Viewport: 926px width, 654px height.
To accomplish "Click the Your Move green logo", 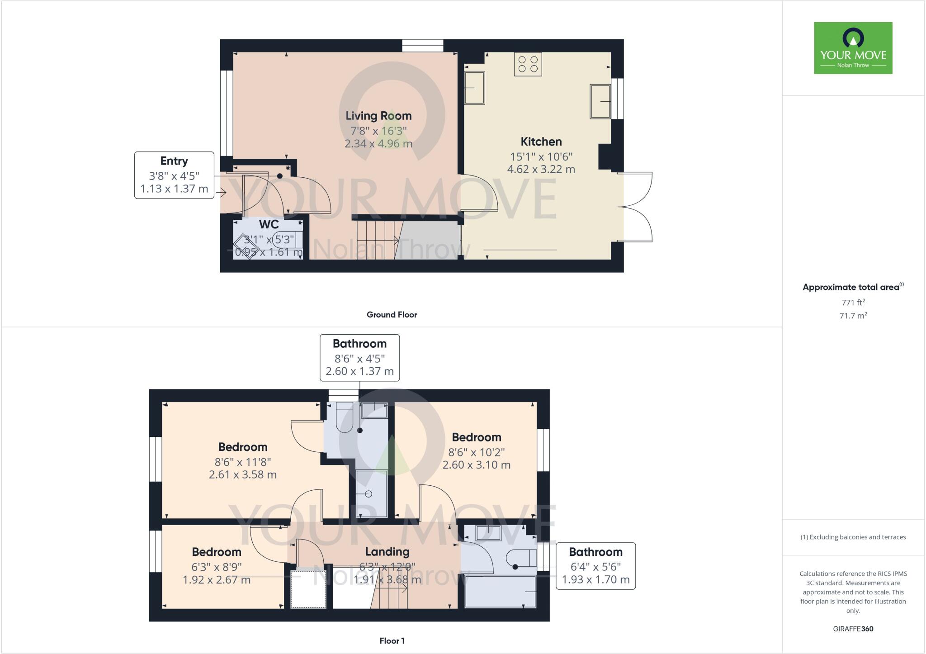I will pos(853,48).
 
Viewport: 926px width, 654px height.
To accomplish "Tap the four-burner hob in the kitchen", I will pos(528,64).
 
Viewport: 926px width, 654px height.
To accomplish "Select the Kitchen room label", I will pos(541,142).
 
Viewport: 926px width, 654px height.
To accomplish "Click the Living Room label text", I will pos(378,116).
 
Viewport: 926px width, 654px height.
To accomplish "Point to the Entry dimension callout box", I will pos(174,175).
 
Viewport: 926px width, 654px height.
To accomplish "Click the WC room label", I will pos(269,224).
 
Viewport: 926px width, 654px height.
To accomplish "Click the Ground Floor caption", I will pos(392,315).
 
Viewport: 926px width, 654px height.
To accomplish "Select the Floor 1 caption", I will pos(392,640).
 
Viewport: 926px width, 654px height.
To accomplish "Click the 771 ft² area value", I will pos(853,303).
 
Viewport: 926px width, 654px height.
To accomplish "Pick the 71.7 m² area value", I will pos(853,316).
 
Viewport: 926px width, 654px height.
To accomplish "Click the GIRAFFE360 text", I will pos(853,629).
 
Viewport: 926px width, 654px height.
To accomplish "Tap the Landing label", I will pos(387,552).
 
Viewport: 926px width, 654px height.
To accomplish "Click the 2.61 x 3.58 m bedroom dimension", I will pos(243,475).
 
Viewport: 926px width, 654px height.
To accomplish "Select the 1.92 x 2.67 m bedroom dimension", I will pos(217,580).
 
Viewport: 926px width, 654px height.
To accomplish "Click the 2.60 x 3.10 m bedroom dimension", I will pos(477,465).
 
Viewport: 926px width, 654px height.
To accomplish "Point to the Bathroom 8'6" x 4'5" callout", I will pos(359,357).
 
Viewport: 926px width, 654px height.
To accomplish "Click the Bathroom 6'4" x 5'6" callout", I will pos(595,566).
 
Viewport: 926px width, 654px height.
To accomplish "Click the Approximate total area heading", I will pos(851,287).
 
